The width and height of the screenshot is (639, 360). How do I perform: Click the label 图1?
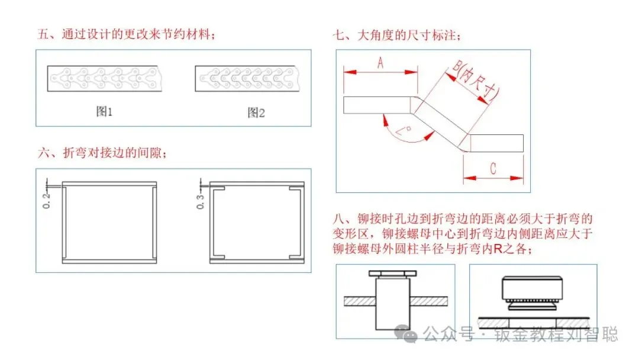(104, 112)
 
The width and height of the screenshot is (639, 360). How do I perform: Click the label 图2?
(256, 112)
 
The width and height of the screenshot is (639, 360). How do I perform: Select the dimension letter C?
(493, 168)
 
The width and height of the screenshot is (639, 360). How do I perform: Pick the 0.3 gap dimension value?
(201, 200)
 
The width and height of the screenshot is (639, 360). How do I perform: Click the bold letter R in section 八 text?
(498, 249)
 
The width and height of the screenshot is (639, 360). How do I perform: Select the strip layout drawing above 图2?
(253, 78)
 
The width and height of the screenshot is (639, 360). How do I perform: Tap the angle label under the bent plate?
(408, 131)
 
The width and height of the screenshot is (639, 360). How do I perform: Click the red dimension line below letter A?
(380, 72)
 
